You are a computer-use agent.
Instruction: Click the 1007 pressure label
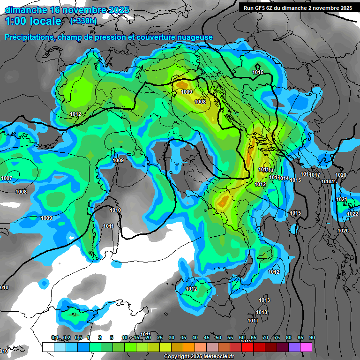pyautogui.click(x=7, y=179)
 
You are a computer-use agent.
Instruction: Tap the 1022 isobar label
pyautogui.click(x=352, y=214)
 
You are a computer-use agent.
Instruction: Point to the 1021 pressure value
pyautogui.click(x=341, y=200)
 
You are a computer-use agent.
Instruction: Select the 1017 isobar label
pyautogui.click(x=315, y=175)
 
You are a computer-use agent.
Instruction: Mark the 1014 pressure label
pyautogui.click(x=283, y=178)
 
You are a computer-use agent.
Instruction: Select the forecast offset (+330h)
pyautogui.click(x=83, y=21)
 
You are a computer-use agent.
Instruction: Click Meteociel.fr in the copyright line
pyautogui.click(x=217, y=357)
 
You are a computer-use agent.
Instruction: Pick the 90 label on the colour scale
pyautogui.click(x=312, y=337)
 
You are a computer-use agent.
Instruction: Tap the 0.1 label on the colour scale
pyautogui.click(x=55, y=337)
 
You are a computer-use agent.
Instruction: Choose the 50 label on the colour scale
pyautogui.click(x=218, y=337)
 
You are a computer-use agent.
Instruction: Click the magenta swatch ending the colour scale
pyautogui.click(x=306, y=347)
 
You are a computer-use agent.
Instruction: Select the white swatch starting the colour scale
pyautogui.click(x=48, y=347)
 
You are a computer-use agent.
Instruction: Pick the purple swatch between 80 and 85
pyautogui.click(x=294, y=347)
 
